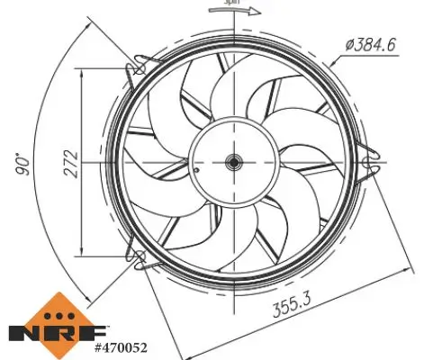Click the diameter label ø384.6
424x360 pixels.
point(371,44)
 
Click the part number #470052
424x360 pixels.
point(121,346)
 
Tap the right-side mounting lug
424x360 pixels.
point(367,163)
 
